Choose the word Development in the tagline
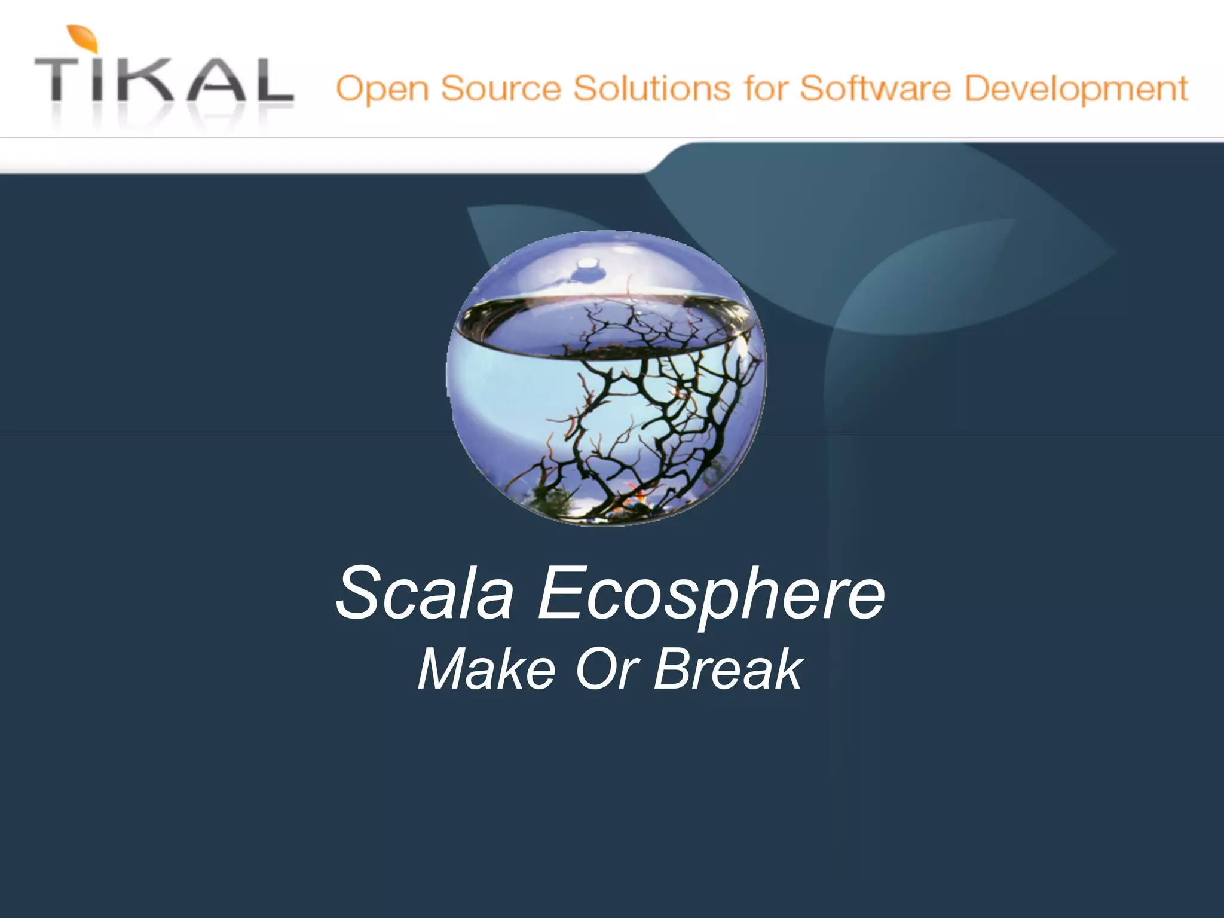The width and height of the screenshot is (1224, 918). tap(1076, 90)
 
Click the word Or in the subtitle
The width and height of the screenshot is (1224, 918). tap(607, 669)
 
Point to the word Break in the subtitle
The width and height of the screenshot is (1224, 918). tap(729, 669)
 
